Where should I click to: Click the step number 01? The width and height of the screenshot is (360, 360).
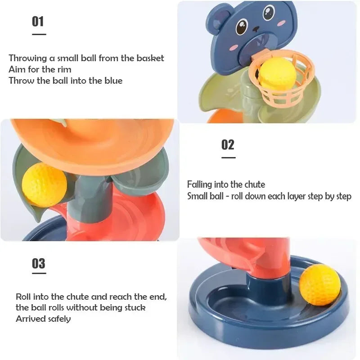pyautogui.click(x=38, y=21)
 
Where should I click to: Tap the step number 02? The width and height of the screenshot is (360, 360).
pyautogui.click(x=228, y=144)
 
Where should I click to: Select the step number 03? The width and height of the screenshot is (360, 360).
pyautogui.click(x=39, y=263)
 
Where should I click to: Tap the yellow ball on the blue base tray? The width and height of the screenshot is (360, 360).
pyautogui.click(x=320, y=285)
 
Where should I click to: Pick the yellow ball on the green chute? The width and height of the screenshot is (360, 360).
pyautogui.click(x=44, y=184)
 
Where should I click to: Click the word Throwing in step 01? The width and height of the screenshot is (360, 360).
pyautogui.click(x=27, y=58)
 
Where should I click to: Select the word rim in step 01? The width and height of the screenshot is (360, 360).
pyautogui.click(x=64, y=69)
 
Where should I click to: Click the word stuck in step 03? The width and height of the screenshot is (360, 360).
pyautogui.click(x=134, y=308)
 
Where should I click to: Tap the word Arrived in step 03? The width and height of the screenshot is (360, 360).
pyautogui.click(x=29, y=319)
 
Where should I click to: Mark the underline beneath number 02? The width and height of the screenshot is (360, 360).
pyautogui.click(x=228, y=157)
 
